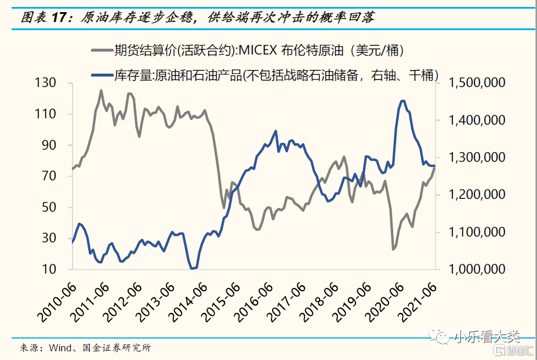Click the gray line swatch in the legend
(x=101, y=50)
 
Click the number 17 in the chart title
(x=60, y=17)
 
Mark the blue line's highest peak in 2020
(x=402, y=101)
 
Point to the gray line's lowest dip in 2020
(x=393, y=249)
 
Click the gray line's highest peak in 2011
(x=101, y=90)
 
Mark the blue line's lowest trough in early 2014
(x=193, y=268)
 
